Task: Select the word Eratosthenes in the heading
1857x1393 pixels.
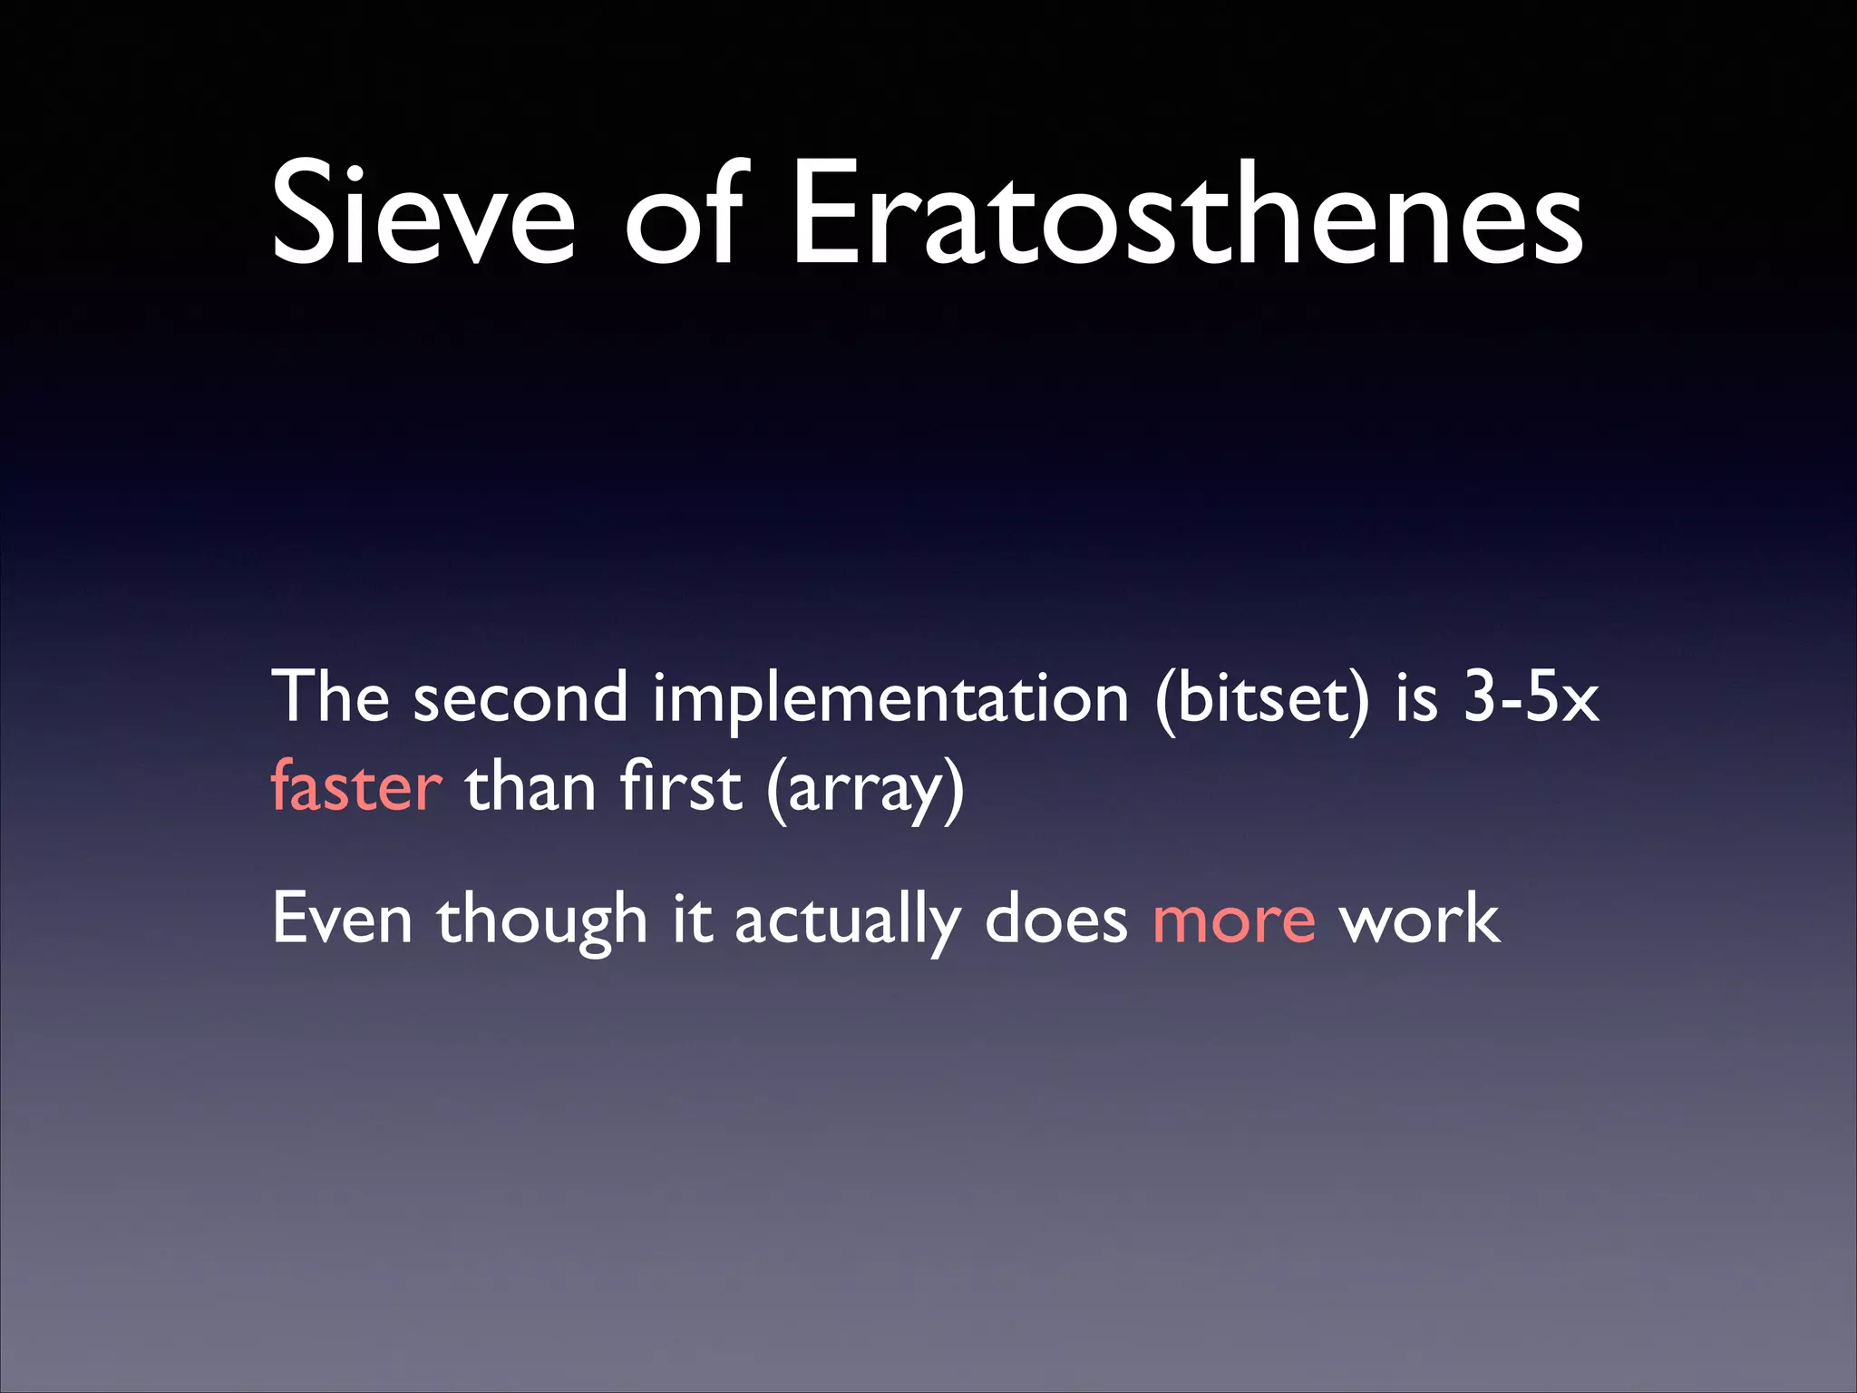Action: click(x=1188, y=214)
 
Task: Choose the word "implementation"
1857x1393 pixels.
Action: click(x=890, y=698)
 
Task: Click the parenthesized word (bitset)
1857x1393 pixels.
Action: click(x=1261, y=698)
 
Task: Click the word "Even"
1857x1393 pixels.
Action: click(x=343, y=919)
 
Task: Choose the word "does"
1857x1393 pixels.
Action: click(x=1055, y=919)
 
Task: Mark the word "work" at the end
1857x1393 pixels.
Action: click(x=1419, y=919)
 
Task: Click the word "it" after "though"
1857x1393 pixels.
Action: click(x=692, y=919)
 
